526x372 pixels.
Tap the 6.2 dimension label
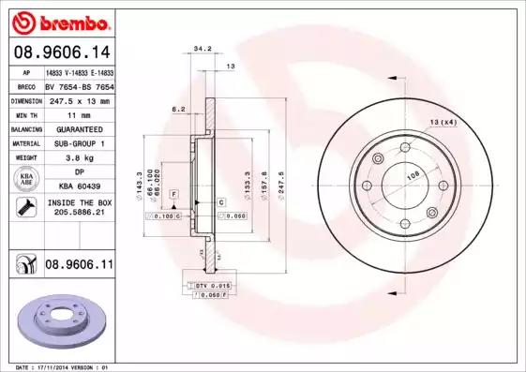177,110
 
